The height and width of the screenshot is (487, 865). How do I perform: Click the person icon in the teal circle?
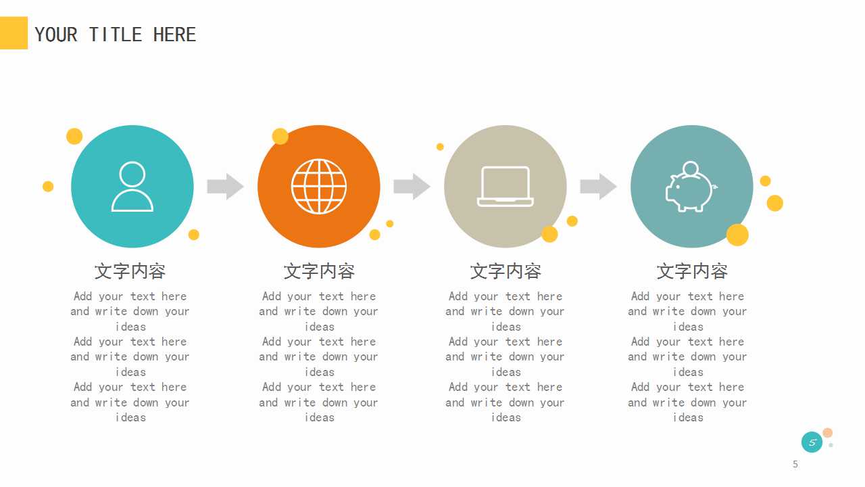132,187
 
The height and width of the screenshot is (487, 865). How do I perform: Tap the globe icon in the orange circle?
319,187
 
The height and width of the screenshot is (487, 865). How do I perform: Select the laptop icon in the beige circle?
505,187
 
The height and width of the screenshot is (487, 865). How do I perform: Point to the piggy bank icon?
691,187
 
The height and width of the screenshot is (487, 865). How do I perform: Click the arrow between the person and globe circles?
225,187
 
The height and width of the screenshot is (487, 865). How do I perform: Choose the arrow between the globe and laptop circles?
412,187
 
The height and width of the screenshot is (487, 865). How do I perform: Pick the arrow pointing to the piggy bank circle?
598,187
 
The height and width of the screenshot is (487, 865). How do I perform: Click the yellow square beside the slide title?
14,33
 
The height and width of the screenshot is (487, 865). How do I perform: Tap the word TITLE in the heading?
116,34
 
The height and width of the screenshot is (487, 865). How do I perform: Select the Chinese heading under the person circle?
130,271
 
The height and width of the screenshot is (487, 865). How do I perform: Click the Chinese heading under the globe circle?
319,271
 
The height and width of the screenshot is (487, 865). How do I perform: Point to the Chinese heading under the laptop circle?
506,271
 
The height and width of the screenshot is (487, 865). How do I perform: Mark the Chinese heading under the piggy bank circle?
692,271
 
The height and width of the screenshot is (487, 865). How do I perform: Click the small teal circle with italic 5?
812,442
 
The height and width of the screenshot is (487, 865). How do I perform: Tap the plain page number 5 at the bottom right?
795,464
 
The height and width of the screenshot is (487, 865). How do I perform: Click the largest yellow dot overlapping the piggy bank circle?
737,235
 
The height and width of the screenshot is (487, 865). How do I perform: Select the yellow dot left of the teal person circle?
48,186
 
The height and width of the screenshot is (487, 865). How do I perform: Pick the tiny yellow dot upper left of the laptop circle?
440,147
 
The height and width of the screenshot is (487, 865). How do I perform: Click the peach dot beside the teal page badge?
827,433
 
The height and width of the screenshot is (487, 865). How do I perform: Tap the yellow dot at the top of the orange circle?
280,136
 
